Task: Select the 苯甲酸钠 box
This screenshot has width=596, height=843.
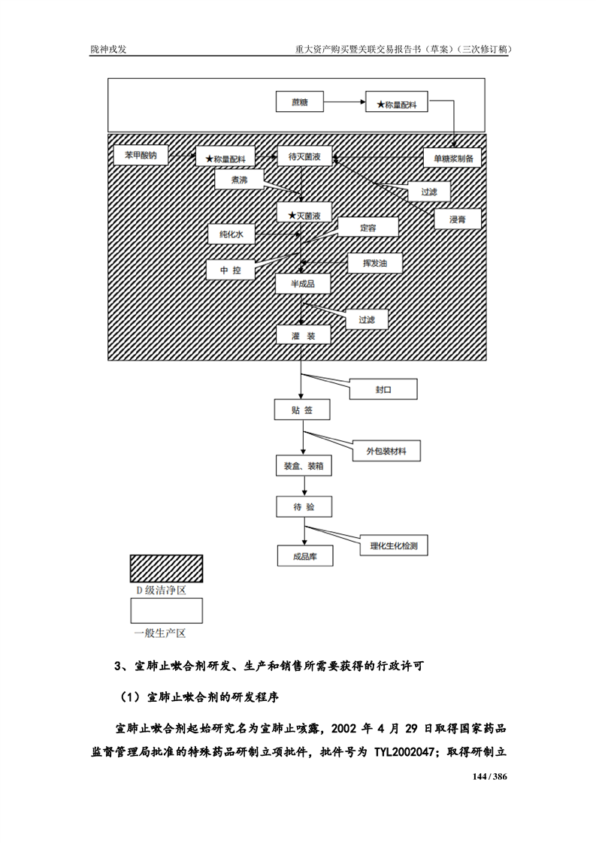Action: [141, 156]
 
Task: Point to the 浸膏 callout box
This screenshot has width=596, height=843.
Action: [457, 219]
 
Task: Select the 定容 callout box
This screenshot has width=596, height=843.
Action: [368, 227]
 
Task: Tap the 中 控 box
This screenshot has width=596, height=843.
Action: [231, 270]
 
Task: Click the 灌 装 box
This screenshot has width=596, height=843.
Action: [303, 334]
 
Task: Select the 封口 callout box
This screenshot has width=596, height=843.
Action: [384, 391]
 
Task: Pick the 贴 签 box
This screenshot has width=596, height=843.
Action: [301, 410]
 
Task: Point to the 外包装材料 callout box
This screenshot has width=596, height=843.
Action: [386, 450]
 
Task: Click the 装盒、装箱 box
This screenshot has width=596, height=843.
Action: [304, 467]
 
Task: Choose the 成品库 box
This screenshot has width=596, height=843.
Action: [305, 557]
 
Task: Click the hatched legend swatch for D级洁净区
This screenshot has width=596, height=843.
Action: [166, 569]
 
